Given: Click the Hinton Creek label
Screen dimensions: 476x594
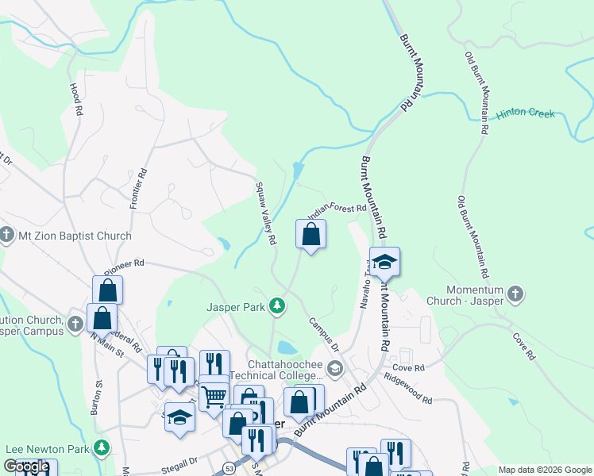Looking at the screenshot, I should point(525,113).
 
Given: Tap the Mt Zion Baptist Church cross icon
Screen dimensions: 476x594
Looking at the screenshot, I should point(7,236).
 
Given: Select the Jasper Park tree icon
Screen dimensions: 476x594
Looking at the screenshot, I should point(276,305).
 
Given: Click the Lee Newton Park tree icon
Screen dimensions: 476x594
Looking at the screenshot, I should point(101,448).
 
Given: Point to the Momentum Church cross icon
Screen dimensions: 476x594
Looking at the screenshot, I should point(515,295).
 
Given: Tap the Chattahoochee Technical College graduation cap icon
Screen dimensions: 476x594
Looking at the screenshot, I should point(335,367).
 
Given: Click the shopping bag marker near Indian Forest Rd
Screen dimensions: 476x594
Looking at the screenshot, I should point(310,235).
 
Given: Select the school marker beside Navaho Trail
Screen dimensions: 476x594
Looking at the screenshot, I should point(384,263).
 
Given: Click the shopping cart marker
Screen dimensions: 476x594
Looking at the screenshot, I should point(214,396).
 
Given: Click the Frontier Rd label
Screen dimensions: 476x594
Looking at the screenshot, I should point(137,188).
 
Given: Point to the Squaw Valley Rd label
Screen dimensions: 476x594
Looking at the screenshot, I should point(264,213).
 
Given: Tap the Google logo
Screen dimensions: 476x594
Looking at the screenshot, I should point(26,466).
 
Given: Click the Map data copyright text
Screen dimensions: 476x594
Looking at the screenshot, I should point(545,470).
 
